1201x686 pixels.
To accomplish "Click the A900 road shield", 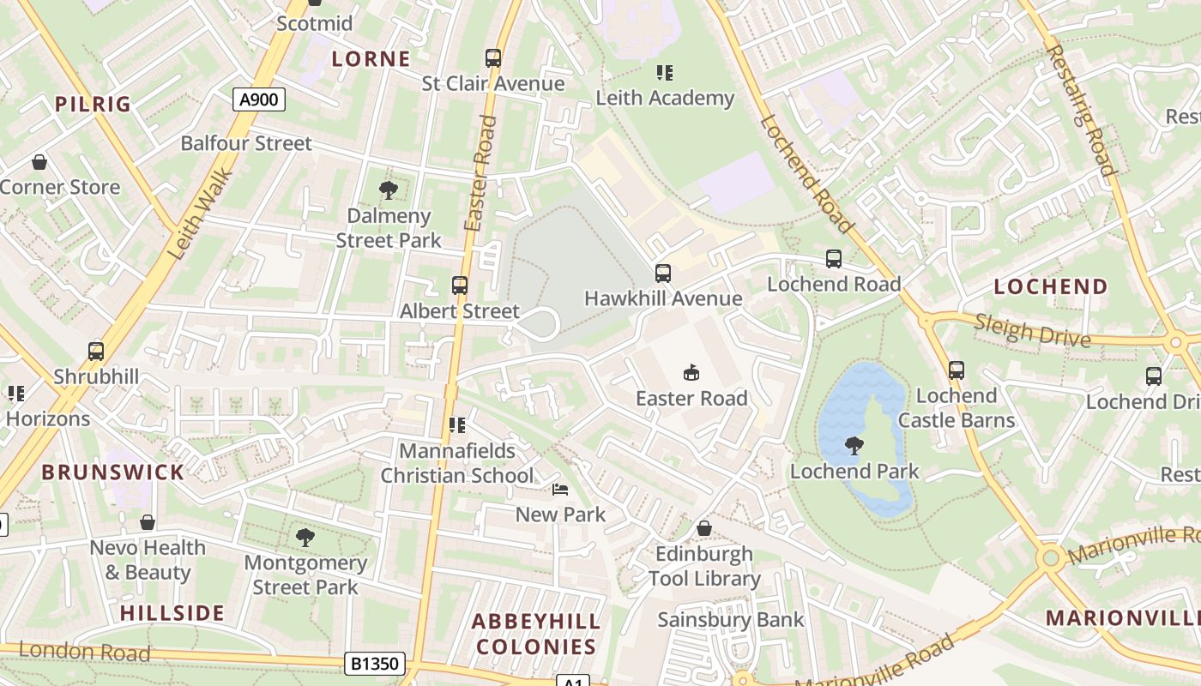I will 258,99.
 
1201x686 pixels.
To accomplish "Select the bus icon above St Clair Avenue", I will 492,58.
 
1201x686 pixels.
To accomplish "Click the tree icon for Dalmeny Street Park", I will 388,190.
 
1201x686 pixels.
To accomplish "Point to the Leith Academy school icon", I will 665,73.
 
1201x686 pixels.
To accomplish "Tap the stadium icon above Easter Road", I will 691,372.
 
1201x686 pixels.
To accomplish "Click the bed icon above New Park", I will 560,490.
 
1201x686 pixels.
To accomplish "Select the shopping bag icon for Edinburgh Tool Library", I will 704,528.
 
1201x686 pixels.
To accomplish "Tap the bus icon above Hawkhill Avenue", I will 662,274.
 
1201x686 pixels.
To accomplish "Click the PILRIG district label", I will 93,105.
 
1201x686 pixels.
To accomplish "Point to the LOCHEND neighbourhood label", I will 1051,287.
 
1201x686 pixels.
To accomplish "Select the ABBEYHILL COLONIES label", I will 536,634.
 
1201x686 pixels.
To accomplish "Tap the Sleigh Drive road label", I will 1033,330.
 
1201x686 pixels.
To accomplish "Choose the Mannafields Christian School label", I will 457,463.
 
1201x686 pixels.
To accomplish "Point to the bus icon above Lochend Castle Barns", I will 956,370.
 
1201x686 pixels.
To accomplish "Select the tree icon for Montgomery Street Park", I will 305,538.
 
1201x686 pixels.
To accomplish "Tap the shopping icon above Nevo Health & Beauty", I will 148,522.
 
